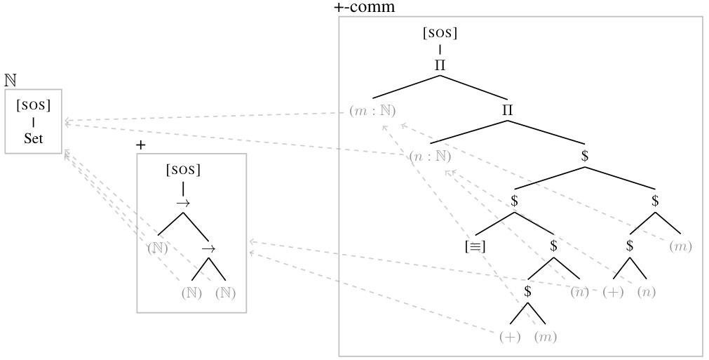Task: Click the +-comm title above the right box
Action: tap(365, 8)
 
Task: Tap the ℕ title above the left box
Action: tap(10, 81)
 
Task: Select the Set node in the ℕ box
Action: tap(33, 138)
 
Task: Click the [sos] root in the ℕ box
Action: tap(33, 107)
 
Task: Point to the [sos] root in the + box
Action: tap(183, 170)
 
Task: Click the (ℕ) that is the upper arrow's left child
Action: tap(158, 248)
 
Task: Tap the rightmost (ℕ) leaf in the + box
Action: tap(224, 293)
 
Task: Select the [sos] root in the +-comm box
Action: tap(440, 33)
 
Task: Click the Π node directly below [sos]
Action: tap(440, 65)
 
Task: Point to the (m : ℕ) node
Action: tap(372, 111)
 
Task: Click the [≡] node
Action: tap(475, 246)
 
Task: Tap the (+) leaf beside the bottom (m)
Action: tap(510, 337)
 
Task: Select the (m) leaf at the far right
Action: tap(680, 246)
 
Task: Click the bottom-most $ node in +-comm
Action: tap(528, 291)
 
